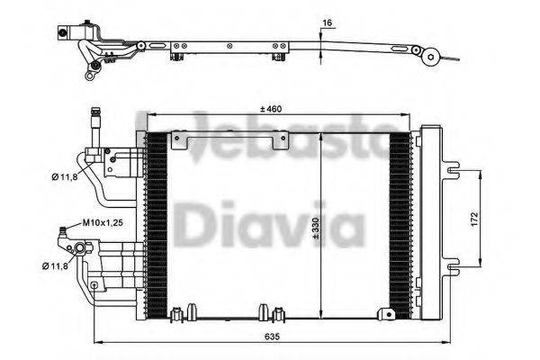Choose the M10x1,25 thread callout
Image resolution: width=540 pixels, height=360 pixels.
104,221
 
